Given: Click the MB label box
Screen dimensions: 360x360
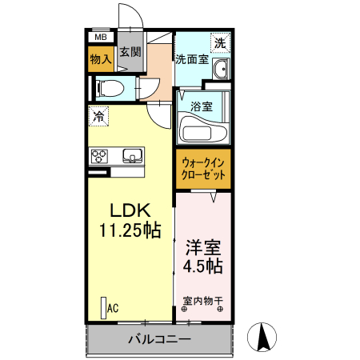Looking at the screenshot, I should (101, 37).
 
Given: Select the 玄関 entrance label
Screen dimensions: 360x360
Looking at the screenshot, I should (130, 52).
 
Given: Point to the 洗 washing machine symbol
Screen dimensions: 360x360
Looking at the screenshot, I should (219, 42).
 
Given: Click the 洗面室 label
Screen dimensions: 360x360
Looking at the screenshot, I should (192, 58).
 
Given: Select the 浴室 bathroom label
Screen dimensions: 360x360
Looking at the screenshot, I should (201, 106).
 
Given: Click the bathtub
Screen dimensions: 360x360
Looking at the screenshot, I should (203, 130).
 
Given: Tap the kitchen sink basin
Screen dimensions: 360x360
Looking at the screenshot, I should (131, 155).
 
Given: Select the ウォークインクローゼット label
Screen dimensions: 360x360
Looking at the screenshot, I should (202, 169).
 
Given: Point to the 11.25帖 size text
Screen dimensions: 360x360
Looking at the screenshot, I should (130, 231).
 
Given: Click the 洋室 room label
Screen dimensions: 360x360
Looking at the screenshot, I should (203, 247).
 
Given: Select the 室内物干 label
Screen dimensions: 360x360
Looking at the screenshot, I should (202, 302).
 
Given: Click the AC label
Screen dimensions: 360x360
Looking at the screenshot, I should (113, 307).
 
